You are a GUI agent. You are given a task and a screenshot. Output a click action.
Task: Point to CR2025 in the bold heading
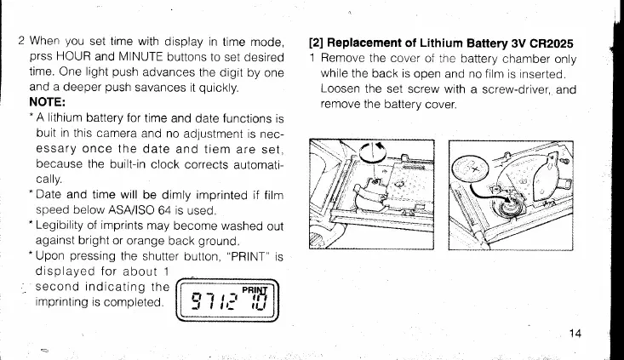point(549,43)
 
